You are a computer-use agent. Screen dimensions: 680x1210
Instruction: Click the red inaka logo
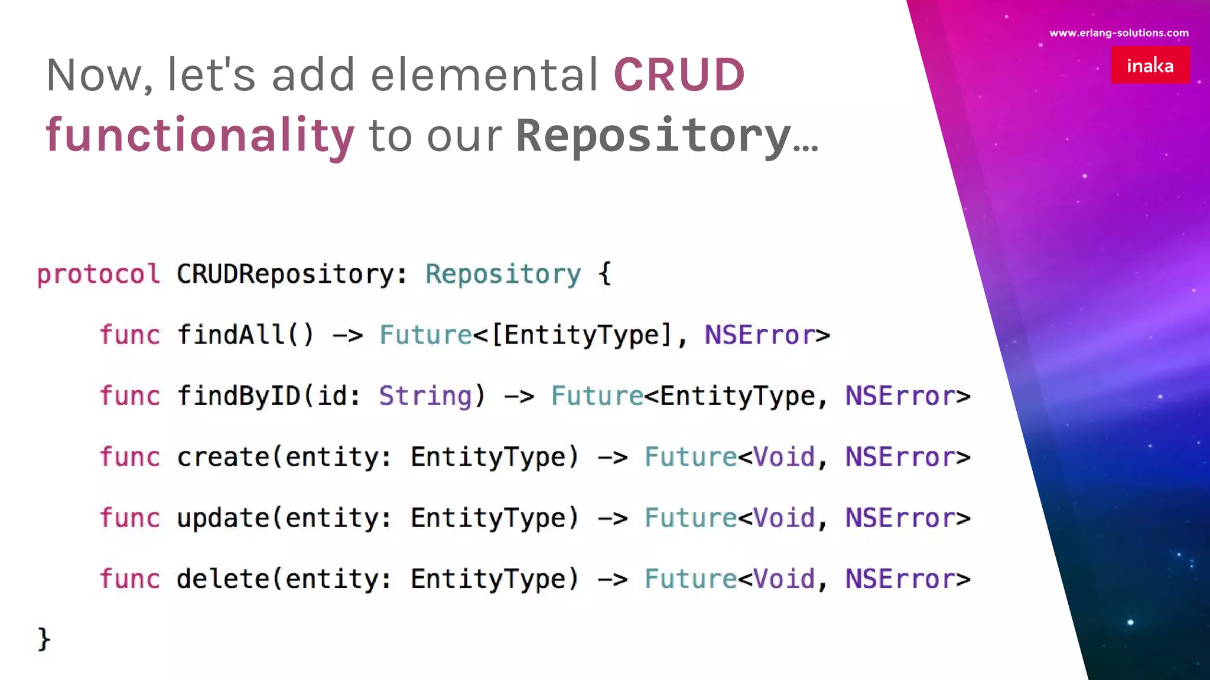coord(1150,65)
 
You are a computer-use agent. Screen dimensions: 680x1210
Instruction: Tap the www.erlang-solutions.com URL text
coord(1118,33)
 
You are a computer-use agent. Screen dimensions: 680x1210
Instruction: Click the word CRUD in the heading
coord(679,75)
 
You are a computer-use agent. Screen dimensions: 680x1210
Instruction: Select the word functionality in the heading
coord(200,135)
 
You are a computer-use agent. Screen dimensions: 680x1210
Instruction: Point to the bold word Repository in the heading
coord(653,135)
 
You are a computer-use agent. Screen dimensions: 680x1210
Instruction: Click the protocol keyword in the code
coord(98,274)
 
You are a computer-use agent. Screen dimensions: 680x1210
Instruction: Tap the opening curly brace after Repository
coord(604,274)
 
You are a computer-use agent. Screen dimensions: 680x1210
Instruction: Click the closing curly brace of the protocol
coord(44,639)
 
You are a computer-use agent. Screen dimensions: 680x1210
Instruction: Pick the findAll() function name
coord(245,335)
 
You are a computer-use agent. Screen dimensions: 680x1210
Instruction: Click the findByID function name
coord(239,395)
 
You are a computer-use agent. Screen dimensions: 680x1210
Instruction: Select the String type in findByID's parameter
coord(425,395)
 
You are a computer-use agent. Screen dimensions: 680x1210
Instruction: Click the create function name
coord(223,457)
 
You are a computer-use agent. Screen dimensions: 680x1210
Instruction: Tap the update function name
coord(223,518)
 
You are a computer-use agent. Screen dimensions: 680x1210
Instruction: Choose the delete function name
coord(223,578)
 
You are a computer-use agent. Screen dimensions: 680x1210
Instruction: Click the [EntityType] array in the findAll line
coord(582,335)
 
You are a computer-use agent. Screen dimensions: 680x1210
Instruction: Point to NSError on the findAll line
coord(760,335)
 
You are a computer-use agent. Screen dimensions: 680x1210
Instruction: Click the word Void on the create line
coord(785,457)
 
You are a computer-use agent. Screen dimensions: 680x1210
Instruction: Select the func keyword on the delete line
coord(130,578)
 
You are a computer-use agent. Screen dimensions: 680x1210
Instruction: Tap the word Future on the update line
coord(690,518)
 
